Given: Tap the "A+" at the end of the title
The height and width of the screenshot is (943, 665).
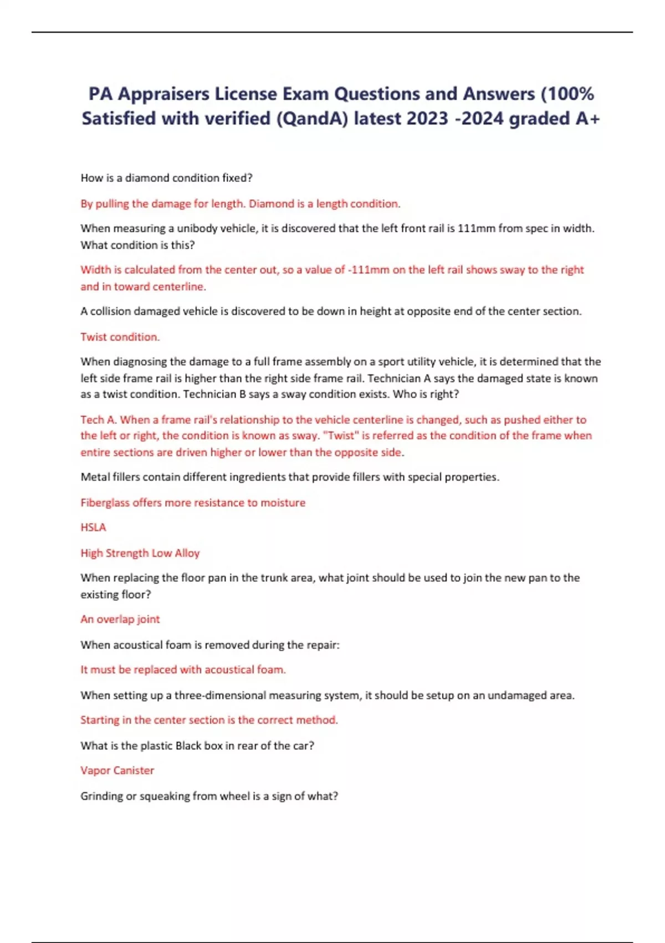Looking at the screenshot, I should (587, 118).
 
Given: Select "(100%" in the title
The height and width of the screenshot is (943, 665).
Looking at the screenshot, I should (567, 94).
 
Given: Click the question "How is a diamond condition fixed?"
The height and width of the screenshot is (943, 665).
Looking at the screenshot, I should (166, 178).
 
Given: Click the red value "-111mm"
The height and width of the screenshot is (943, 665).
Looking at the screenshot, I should (368, 270).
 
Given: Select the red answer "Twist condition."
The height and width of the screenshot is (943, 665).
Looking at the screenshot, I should (120, 337).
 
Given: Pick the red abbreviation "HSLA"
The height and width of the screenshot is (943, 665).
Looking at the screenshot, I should (93, 528).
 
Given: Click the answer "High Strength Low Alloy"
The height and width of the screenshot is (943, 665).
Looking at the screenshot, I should (140, 553).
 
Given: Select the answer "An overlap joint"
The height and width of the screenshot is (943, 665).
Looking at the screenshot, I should (120, 619).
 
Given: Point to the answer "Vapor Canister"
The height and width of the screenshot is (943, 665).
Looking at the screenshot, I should (117, 770).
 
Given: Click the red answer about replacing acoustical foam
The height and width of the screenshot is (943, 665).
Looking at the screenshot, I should (183, 670).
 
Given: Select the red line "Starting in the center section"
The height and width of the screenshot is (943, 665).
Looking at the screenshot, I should (208, 720).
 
